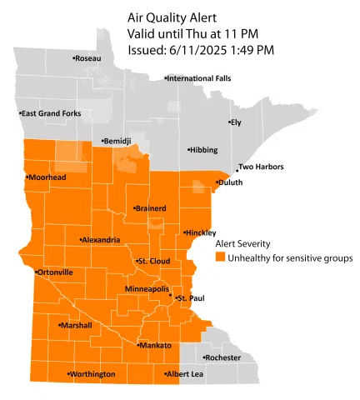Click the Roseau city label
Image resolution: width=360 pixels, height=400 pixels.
coord(87,58)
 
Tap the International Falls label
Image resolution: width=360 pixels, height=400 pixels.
coord(197,78)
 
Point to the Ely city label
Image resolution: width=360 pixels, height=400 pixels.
coord(235,122)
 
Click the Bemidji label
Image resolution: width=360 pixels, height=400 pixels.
coord(116,142)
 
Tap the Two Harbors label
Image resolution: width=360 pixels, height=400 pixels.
coord(261,167)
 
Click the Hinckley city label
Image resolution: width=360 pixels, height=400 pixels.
coord(201,232)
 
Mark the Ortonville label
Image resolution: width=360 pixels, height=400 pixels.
coord(54,272)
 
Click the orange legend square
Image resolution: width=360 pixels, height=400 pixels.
coord(221,258)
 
